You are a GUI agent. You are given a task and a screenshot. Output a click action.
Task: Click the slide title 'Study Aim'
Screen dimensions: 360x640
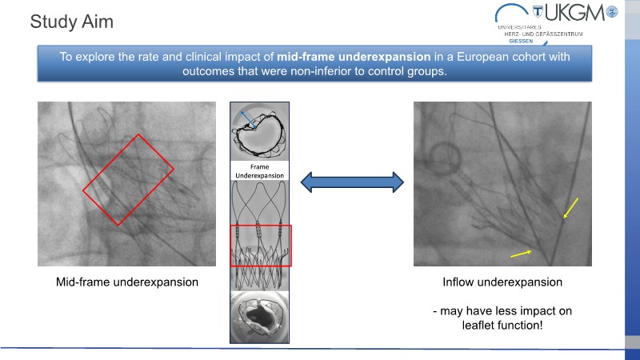71,22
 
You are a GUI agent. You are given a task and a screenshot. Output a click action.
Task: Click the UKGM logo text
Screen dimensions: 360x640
575,13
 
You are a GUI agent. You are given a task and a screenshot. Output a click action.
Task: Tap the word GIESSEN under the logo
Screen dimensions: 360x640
521,41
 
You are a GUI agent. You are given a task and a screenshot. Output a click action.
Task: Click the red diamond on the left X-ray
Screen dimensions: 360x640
128,179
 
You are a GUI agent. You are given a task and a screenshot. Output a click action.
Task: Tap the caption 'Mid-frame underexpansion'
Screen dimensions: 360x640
127,282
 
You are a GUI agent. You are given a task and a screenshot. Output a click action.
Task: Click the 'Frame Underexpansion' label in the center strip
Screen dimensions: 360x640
260,170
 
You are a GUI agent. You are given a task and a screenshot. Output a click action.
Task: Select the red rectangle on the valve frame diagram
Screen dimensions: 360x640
261,246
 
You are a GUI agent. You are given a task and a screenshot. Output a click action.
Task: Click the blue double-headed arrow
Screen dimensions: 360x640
351,183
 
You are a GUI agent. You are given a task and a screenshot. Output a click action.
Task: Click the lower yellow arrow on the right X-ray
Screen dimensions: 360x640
522,253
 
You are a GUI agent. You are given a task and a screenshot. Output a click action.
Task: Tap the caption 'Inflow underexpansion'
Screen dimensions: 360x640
502,282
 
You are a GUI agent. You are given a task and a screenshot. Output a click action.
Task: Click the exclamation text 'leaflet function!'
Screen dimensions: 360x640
502,326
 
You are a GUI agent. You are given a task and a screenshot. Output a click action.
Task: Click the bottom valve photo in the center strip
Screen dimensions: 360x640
260,317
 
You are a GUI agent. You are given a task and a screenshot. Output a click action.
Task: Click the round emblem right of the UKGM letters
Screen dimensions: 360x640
614,12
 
